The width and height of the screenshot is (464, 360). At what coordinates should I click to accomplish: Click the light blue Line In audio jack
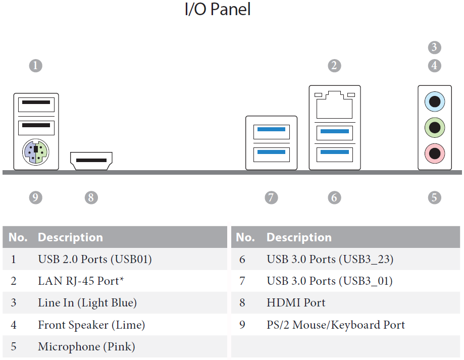coord(434,101)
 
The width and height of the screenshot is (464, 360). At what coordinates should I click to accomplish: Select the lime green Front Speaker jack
coord(434,128)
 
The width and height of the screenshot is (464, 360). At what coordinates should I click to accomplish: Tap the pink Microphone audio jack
coord(434,153)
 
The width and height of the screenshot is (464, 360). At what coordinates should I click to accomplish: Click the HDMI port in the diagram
coord(91,161)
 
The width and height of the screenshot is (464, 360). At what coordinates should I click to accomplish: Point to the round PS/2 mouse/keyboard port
coord(36,152)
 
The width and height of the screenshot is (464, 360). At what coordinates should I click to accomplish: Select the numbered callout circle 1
coord(35,65)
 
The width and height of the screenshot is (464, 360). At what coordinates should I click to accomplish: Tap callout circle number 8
coord(91,197)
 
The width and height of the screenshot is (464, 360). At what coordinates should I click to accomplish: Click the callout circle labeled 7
coord(271,197)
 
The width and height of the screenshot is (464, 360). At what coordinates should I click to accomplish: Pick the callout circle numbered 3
coord(434,47)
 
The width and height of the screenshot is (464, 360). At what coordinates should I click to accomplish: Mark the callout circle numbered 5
coord(434,197)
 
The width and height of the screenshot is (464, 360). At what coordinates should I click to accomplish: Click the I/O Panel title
coord(218,9)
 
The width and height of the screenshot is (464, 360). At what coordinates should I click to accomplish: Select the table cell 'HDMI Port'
coord(296,302)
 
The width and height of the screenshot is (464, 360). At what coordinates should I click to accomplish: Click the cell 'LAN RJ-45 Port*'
coord(81,281)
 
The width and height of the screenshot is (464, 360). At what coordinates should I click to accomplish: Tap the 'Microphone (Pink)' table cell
coord(86,347)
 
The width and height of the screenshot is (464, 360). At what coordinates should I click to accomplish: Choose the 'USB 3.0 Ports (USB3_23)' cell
coord(330,260)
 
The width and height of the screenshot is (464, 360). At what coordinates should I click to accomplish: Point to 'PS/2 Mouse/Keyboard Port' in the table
coord(336,325)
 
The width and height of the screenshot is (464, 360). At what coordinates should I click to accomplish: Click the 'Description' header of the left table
coord(70,237)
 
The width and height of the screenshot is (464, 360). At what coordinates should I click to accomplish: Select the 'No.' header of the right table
coord(245,237)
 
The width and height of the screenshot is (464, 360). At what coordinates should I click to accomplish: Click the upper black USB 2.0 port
coord(36,105)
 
